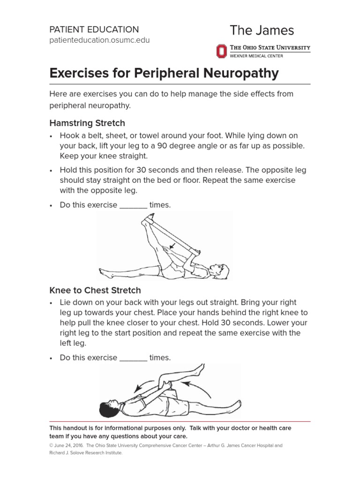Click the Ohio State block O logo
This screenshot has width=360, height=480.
[220, 51]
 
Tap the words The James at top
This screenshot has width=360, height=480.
[262, 30]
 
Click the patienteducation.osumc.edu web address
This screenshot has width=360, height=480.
[99, 40]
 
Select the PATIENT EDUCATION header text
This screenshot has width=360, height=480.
[94, 29]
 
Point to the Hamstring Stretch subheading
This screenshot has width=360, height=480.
[87, 123]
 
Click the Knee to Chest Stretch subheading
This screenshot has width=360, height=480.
[95, 291]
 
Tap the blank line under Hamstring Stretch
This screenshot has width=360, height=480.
[134, 206]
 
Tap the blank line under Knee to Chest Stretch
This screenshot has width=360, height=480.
[134, 359]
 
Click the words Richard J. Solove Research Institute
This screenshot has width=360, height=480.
[86, 453]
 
